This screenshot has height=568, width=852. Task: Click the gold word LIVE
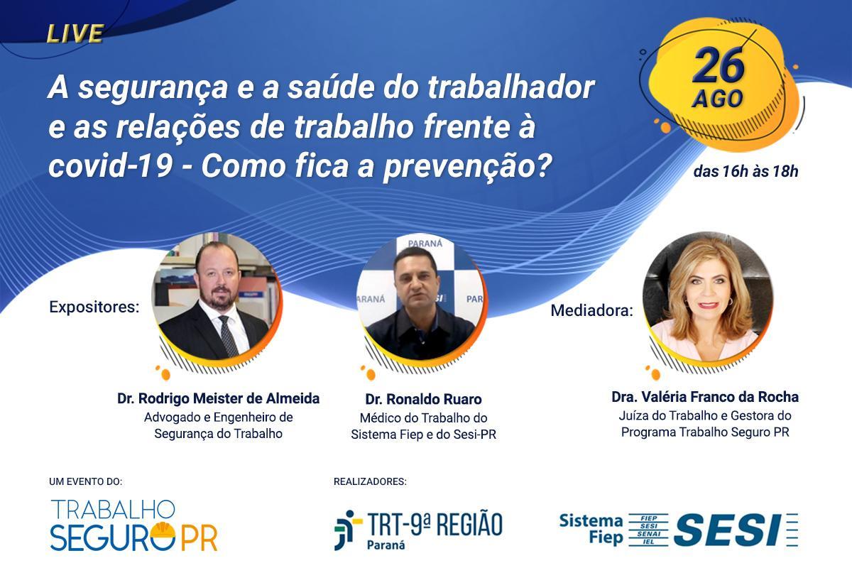coord(75,33)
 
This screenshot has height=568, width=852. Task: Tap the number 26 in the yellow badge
coord(719,67)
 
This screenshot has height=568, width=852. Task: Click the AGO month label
coord(717,99)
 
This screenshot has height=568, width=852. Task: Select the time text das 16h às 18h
coord(745,172)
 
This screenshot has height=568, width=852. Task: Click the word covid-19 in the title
coord(111,166)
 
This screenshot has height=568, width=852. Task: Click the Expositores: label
coord(94,307)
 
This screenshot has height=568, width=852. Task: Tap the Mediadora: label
coord(592,310)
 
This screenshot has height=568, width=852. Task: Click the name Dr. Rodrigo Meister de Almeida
coord(219,399)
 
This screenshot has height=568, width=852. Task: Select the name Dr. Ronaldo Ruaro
coord(423,399)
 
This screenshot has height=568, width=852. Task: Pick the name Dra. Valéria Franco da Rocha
coord(705,397)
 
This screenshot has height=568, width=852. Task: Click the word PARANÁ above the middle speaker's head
coord(425,244)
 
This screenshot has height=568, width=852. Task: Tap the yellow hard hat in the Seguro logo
coord(163,530)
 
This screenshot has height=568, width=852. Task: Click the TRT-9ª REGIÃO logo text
coord(435,524)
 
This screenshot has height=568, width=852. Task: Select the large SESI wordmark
coord(728,530)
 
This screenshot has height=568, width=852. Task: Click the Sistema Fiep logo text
coord(591,529)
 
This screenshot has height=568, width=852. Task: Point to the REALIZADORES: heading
coord(370,481)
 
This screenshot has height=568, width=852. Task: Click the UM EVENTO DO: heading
coord(86,481)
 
